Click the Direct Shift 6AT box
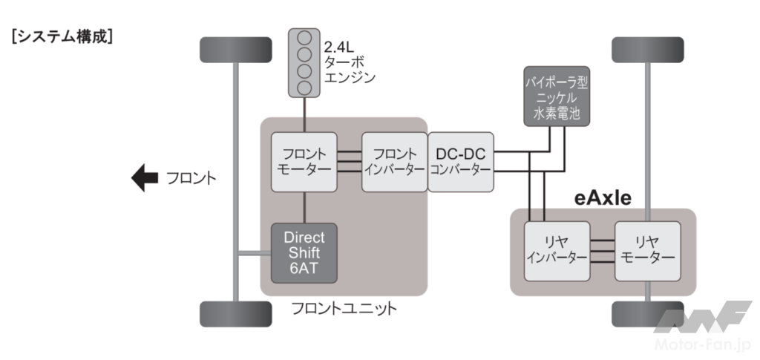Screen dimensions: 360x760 pos(304,252)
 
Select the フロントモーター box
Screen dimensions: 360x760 pos(304,161)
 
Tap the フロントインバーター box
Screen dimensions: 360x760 pos(394,161)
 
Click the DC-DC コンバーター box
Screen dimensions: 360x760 pos(460,161)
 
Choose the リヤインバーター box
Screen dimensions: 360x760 pos(556,250)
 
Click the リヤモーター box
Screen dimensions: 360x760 pos(646,250)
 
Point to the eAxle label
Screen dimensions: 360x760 pos(603,197)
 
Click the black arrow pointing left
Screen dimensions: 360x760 pos(144,178)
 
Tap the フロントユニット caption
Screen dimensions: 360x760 pos(343,308)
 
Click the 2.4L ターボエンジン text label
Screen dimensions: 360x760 pos(350,63)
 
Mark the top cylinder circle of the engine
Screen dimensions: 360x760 pos(304,38)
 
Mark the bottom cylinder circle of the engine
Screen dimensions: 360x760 pos(304,88)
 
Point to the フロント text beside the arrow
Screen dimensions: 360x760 pos(191,179)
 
